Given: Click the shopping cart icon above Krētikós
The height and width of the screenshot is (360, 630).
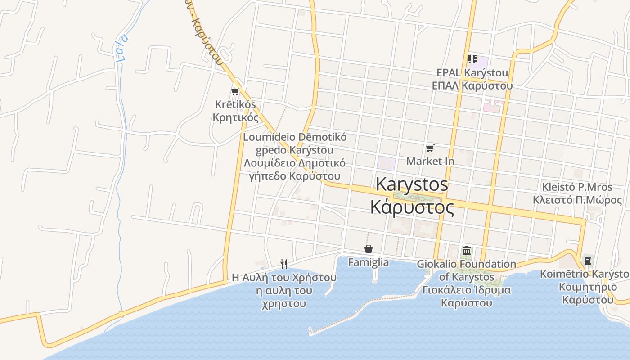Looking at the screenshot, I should pos(235,92).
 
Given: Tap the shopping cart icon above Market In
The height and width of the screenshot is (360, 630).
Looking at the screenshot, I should pos(430,148).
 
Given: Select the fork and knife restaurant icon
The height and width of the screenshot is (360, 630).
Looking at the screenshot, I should pos(284,264).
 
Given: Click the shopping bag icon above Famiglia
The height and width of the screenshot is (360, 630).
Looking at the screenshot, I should pos(369,249).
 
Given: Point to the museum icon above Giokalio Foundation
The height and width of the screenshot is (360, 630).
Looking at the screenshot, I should pos(467,250).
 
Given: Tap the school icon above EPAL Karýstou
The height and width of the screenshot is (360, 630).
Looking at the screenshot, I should pos(472,59).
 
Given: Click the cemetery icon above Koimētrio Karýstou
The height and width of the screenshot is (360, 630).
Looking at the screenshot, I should pos(587,260).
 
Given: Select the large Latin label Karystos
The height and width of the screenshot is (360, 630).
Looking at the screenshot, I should pos(412,184).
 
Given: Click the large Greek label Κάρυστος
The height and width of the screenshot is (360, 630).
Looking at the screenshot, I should pos(412,207).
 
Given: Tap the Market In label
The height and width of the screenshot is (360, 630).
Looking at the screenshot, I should pos(430,161).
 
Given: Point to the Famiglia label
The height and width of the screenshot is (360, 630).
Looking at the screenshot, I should pos(369,262).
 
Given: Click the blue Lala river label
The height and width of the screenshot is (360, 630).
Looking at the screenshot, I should pos(121,48).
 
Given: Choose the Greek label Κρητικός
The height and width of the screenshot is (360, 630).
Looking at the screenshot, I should pos(236,118).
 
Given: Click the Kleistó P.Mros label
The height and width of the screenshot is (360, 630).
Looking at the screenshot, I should pos(577,187).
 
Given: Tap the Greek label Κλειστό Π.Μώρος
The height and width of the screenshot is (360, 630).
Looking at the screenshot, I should pos(577,200).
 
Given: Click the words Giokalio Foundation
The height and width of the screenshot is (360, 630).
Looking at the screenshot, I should pos(467,264).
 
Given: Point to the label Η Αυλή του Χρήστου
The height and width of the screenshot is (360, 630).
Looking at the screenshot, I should pos(284,277).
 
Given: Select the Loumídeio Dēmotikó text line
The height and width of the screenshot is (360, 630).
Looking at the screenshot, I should pos(295,137).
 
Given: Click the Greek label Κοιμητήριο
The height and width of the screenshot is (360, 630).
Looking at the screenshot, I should pos(587,287).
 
